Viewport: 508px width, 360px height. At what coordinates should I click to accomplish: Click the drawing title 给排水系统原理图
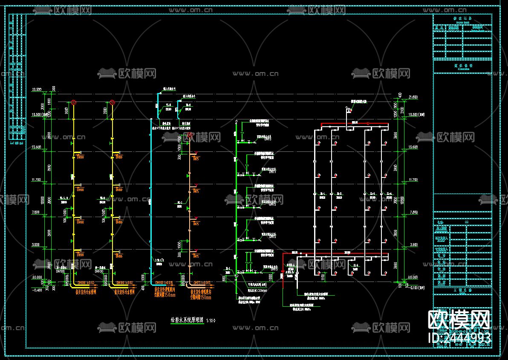tap(187, 320)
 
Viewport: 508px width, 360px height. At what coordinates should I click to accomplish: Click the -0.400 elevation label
tap(37, 290)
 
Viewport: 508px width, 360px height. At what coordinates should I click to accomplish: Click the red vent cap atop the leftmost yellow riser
tap(74, 102)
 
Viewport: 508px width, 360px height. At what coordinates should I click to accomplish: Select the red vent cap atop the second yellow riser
tap(112, 102)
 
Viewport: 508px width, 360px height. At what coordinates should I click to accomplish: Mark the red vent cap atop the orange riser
tap(190, 136)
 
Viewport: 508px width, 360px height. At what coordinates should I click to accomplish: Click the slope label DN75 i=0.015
tap(202, 283)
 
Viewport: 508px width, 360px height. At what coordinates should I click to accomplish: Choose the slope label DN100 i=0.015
tap(164, 283)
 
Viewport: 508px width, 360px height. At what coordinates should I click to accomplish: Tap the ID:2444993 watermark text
tap(459, 337)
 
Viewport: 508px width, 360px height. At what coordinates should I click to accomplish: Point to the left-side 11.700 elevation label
tap(36, 180)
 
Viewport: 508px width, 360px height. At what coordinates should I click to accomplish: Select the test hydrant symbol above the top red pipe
tap(348, 110)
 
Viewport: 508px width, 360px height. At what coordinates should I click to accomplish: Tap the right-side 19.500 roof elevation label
tap(414, 115)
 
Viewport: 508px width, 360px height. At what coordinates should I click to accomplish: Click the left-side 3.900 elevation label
tap(36, 245)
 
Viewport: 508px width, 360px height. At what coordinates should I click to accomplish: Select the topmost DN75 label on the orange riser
tap(196, 159)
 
